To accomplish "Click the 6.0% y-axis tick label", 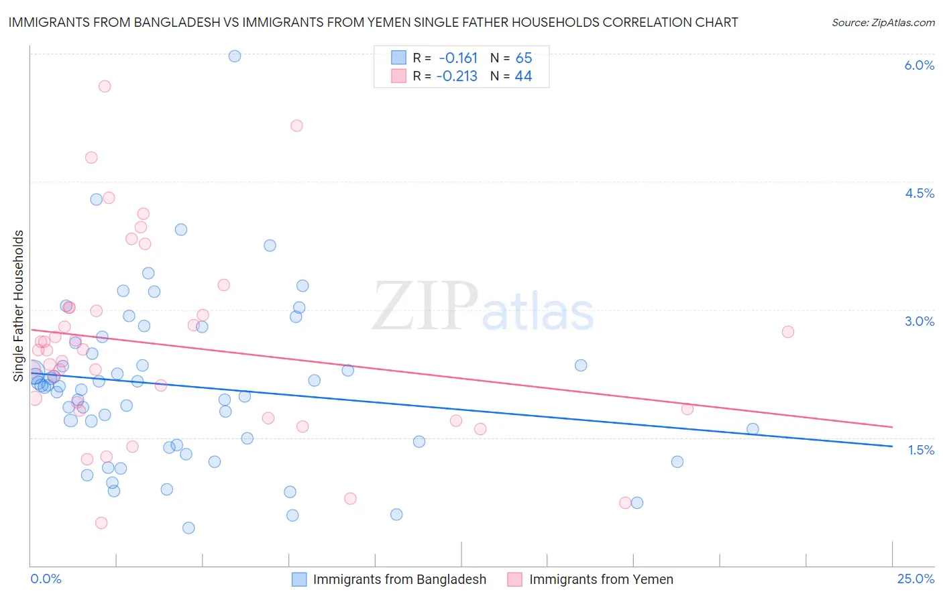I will point(919,65).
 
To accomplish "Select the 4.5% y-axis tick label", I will point(919,193).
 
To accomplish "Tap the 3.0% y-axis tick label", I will point(919,321).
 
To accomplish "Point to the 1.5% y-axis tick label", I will point(921,450).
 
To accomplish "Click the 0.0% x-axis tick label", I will point(46,579).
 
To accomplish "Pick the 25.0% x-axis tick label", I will point(916,579).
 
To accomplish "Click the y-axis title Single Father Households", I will point(18,306).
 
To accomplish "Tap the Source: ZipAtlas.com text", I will point(883,22).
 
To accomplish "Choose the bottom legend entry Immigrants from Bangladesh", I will point(399,579).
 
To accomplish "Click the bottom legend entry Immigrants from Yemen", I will point(601,579).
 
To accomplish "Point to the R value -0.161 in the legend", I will point(458,58).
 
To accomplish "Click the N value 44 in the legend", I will point(523,76).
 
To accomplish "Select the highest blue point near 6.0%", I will point(235,56).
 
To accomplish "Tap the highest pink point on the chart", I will point(105,86).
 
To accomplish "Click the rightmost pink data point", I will point(788,332).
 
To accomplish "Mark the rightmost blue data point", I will point(753,429).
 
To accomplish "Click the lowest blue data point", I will point(188,528).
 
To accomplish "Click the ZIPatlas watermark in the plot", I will point(483,307).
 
